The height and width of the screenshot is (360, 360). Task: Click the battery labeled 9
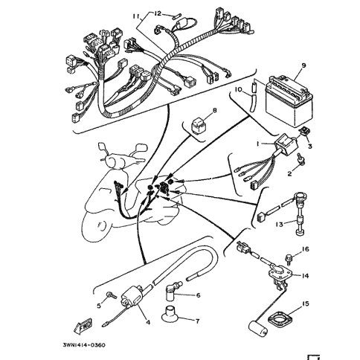coord(289,102)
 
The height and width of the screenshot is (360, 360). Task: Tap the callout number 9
coord(303,65)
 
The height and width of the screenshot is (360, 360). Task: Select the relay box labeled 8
coord(199,127)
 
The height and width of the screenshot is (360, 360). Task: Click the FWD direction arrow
coord(83,326)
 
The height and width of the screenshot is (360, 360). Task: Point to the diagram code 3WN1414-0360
coord(84,345)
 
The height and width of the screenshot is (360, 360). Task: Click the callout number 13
coord(279,225)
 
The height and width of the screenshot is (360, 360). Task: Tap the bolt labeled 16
coord(289,258)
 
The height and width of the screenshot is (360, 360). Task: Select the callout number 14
coord(305,275)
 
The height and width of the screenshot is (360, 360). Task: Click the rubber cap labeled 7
coord(170,314)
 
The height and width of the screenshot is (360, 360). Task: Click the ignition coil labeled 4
coord(132,296)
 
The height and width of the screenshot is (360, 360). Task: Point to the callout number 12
coord(158,13)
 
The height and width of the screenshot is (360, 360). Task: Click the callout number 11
coord(136,16)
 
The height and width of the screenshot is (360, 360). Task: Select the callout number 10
coord(238,89)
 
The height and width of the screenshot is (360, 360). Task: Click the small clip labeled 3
coord(304,131)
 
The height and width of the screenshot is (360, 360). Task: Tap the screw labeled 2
coord(300,159)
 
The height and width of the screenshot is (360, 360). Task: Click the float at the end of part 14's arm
coord(258,328)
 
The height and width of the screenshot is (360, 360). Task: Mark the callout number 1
coord(258,144)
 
